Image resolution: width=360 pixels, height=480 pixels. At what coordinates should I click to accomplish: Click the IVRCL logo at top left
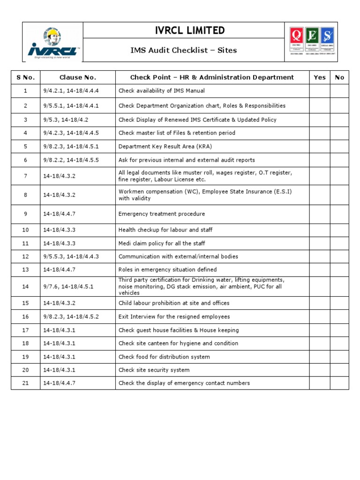[x=52, y=42]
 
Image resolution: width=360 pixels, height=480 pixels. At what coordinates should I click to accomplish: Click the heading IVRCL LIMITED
[x=183, y=31]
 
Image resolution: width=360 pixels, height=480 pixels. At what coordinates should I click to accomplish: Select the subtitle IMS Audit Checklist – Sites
[x=183, y=50]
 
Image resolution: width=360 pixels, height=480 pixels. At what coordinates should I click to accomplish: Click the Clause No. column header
[x=78, y=77]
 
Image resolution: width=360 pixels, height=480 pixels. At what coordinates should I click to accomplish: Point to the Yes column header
[x=319, y=77]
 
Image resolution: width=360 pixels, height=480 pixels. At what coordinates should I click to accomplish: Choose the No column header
[x=339, y=77]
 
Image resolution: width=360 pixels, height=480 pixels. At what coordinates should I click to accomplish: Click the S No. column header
[x=26, y=77]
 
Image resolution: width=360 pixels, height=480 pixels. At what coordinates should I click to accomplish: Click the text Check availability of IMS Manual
[x=162, y=91]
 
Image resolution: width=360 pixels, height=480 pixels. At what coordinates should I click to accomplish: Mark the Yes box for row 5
[x=319, y=146]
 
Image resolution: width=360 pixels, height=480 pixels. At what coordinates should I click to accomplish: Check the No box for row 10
[x=339, y=230]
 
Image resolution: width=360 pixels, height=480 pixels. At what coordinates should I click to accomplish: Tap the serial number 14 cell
[x=26, y=286]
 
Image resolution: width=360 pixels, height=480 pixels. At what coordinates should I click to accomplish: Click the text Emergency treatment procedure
[x=162, y=214]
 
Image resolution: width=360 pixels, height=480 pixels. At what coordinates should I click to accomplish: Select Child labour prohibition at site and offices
[x=174, y=303]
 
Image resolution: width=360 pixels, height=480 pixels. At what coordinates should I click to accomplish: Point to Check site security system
[x=154, y=370]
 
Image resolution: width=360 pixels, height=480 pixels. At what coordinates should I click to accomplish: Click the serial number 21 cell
[x=26, y=383]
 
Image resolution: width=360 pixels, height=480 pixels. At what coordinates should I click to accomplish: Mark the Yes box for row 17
[x=319, y=330]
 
